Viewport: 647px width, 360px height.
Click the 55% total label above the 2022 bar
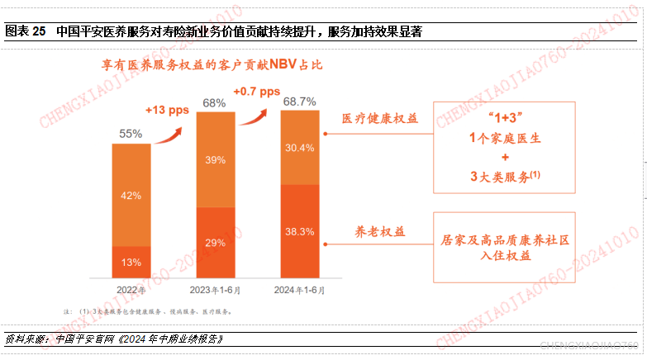[131, 133]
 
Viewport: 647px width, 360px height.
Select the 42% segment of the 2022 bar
[131, 196]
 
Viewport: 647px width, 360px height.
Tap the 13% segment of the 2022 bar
[131, 262]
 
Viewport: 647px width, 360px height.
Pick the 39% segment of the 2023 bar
[215, 159]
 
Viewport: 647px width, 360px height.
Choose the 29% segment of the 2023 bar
[215, 242]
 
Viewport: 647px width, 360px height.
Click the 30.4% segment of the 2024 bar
[299, 148]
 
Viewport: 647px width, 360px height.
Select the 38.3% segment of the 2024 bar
[299, 232]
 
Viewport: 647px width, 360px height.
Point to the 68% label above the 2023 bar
[215, 103]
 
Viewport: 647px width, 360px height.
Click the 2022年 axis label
[131, 290]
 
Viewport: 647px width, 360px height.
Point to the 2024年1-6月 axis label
[299, 290]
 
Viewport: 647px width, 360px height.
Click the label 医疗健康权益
[380, 118]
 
